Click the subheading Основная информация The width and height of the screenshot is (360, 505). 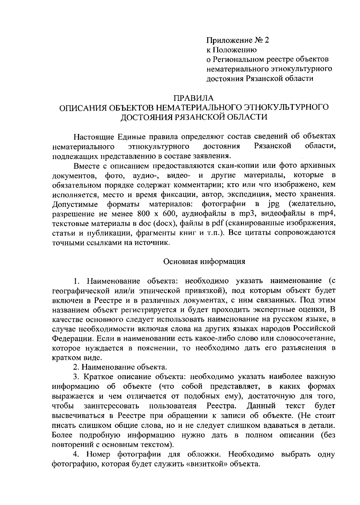(x=204, y=261)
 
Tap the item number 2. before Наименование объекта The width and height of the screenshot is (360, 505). (x=76, y=367)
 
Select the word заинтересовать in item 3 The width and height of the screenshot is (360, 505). (x=112, y=406)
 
